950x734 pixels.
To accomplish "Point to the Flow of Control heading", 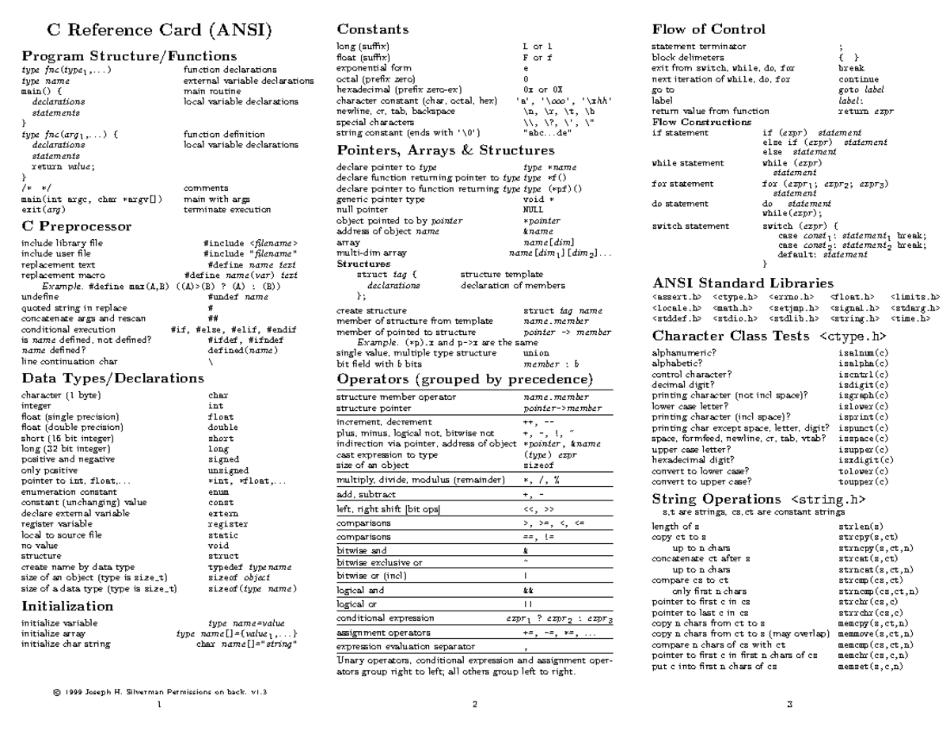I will pos(709,29).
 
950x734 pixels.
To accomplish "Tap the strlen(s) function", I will pos(860,526).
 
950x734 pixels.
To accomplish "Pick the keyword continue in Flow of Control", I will pos(858,80).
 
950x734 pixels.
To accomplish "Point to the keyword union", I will pos(536,352).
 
